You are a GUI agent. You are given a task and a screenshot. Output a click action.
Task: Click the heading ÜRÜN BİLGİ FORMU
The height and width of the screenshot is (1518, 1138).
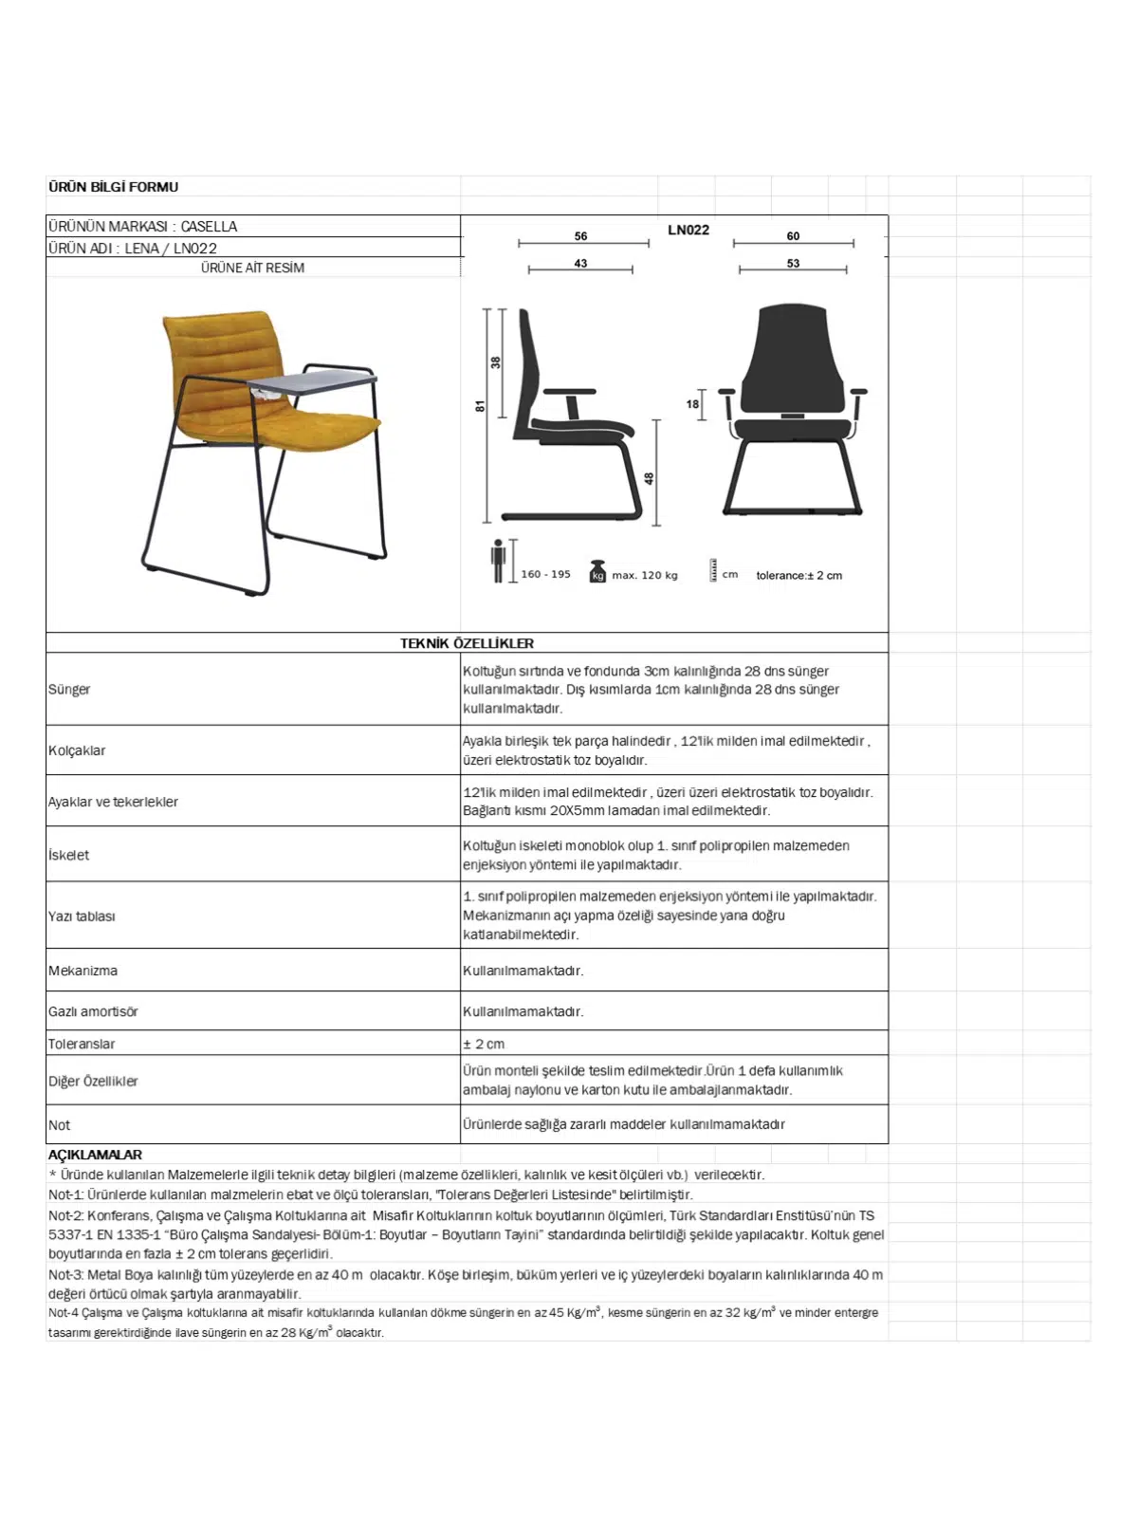(113, 187)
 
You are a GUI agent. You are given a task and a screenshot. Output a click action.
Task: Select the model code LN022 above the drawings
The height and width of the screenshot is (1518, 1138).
(688, 230)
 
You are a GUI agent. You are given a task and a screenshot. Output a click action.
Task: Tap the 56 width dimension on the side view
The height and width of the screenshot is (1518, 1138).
(580, 236)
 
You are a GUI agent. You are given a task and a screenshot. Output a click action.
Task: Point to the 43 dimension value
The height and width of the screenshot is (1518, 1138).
(580, 264)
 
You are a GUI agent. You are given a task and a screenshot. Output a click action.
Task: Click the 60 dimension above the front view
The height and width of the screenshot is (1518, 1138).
(793, 236)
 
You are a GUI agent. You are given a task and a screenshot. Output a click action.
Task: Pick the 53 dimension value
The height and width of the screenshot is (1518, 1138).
(793, 264)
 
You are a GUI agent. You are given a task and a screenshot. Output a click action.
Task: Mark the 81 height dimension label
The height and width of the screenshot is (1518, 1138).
(481, 406)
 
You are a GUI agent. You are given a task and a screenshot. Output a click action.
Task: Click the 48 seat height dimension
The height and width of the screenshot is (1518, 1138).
(650, 478)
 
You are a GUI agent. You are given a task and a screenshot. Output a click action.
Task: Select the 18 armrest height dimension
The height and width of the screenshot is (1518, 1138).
(692, 404)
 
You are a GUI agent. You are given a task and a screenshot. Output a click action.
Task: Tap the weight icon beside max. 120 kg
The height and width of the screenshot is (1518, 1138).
(597, 572)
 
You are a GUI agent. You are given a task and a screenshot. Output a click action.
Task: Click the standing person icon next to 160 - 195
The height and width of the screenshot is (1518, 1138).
(498, 561)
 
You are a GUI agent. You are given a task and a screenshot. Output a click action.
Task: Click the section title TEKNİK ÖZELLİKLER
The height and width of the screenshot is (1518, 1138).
(467, 643)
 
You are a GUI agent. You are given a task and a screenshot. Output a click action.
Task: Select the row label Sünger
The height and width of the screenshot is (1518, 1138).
(69, 690)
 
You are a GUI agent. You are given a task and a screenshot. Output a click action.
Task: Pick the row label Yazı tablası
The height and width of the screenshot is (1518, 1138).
(82, 916)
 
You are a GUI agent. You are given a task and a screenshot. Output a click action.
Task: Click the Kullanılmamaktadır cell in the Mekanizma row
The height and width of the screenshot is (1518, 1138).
(523, 972)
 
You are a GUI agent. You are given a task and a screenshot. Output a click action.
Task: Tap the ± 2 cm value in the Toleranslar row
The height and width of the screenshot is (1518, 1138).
(484, 1045)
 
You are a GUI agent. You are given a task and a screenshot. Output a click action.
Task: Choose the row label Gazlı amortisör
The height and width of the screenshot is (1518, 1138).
(93, 1012)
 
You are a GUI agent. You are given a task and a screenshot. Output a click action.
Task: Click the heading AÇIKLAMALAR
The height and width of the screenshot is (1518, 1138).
(95, 1156)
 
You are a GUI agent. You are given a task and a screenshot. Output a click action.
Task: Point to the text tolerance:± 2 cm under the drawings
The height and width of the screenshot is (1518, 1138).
(798, 576)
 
